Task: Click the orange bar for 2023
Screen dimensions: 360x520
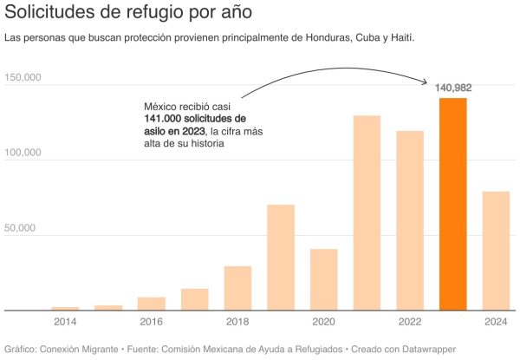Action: point(452,204)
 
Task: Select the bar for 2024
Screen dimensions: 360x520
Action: point(496,251)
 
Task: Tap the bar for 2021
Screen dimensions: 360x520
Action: point(367,213)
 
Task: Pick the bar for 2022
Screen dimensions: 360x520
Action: point(410,220)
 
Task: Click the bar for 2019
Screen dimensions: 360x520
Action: point(281,258)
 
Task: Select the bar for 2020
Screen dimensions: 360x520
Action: point(323,279)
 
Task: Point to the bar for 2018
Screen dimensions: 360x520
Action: point(237,288)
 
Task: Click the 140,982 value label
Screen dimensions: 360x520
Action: point(452,88)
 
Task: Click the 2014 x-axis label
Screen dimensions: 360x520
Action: point(65,322)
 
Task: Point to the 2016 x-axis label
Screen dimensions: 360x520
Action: point(151,322)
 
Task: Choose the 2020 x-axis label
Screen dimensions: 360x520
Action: point(323,322)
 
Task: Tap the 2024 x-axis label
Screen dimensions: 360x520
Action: point(496,322)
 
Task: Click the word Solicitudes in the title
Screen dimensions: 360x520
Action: point(51,14)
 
